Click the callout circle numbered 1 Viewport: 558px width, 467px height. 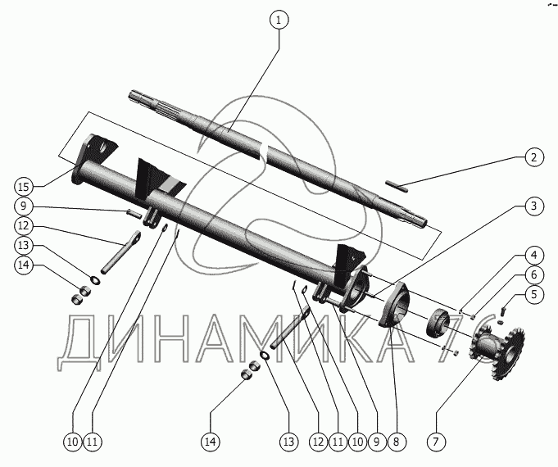(x=279, y=20)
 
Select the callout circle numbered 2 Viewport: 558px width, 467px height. (x=534, y=157)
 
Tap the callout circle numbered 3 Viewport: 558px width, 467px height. (x=534, y=206)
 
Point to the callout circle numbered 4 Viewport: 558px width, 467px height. (x=534, y=256)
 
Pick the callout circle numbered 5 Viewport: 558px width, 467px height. (x=534, y=295)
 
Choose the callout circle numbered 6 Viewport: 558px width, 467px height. (x=534, y=274)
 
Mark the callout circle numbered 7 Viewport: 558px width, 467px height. (x=436, y=442)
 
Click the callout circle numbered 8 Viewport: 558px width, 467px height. (x=397, y=442)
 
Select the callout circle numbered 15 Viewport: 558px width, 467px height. (x=24, y=187)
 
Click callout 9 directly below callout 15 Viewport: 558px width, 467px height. (x=24, y=206)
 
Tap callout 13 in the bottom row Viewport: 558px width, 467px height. (x=289, y=442)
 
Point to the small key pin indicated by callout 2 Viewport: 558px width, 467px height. (x=397, y=187)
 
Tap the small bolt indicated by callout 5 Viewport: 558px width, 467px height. (x=503, y=312)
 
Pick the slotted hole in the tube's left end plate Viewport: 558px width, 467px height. (x=104, y=147)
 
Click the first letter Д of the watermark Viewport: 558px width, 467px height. (x=79, y=339)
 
